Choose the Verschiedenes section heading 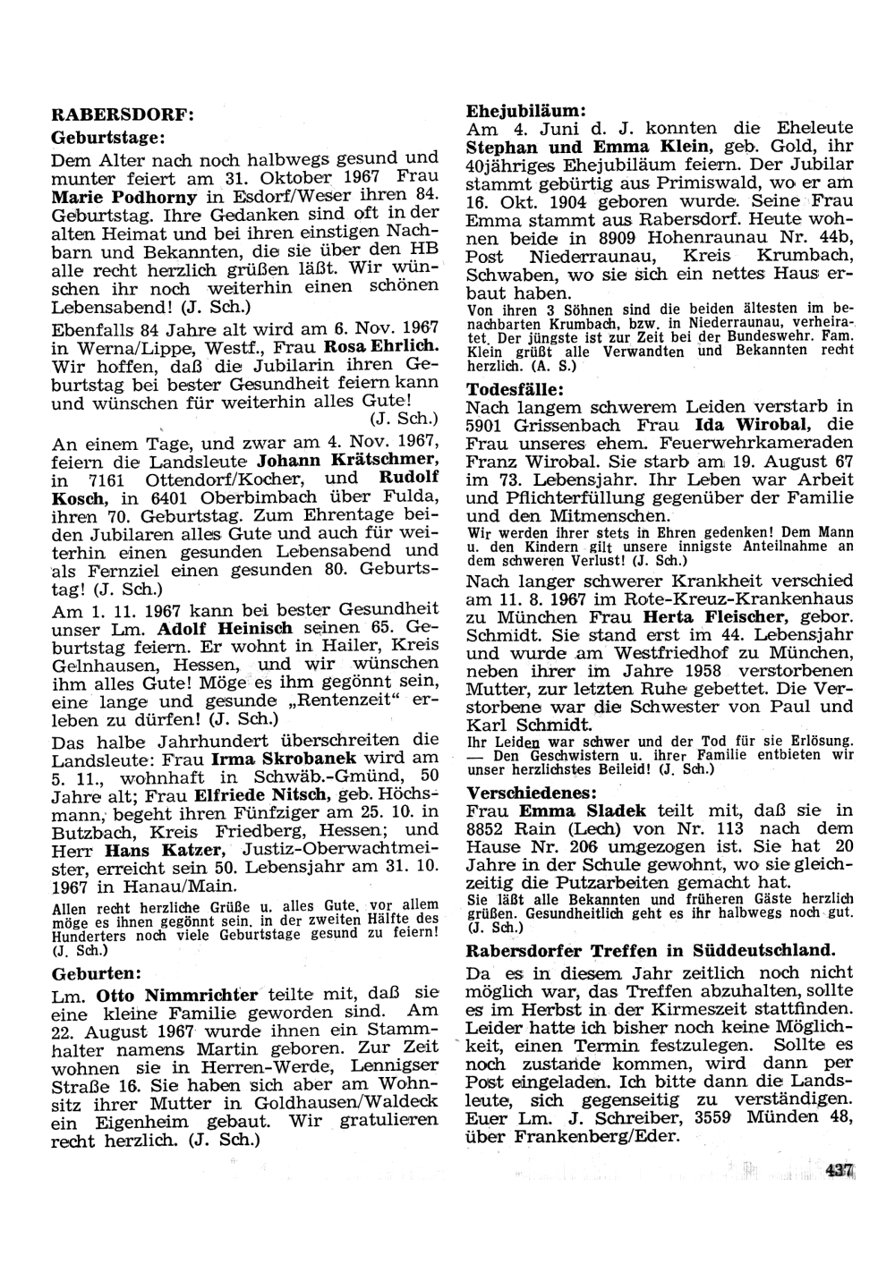click(x=532, y=793)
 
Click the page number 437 click(x=840, y=1169)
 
